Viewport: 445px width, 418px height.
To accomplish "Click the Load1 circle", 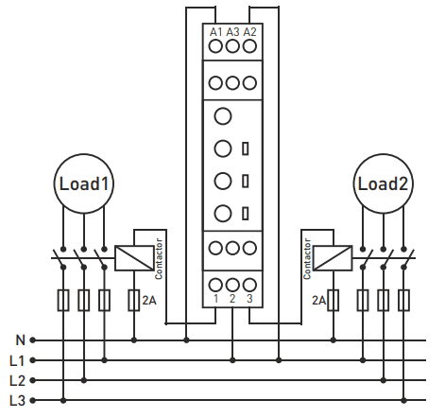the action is pyautogui.click(x=83, y=154).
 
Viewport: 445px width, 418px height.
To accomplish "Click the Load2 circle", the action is pyautogui.click(x=383, y=154).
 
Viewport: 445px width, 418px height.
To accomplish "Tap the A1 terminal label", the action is pyautogui.click(x=215, y=32).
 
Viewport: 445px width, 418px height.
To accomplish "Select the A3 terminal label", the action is pyautogui.click(x=232, y=32).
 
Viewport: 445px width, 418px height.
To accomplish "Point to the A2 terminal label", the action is pyautogui.click(x=250, y=32).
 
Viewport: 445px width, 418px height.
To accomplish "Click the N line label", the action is pyautogui.click(x=20, y=340).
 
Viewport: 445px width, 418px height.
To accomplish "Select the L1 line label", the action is pyautogui.click(x=17, y=360).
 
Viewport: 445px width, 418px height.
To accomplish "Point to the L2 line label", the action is pyautogui.click(x=17, y=381).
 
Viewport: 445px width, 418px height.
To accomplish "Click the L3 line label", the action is pyautogui.click(x=17, y=401).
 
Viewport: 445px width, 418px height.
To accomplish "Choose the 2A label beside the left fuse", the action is pyautogui.click(x=149, y=301).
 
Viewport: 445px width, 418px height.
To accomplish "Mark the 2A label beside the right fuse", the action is pyautogui.click(x=318, y=301).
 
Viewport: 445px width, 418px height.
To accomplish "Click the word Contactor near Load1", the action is pyautogui.click(x=159, y=258).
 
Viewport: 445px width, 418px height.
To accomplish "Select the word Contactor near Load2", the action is pyautogui.click(x=307, y=258).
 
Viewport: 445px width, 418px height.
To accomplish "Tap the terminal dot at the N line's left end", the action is pyautogui.click(x=32, y=340).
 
